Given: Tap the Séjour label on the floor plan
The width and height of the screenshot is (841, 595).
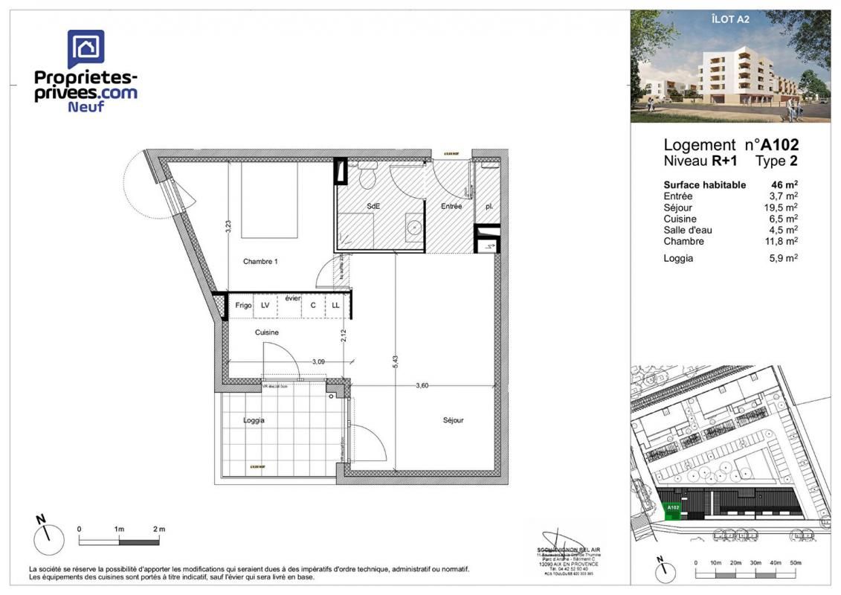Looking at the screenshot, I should coord(453,420).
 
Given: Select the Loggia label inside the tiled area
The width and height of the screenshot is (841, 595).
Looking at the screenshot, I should coord(254,420).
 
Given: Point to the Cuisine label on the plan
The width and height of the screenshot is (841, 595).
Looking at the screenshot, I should coord(267,332).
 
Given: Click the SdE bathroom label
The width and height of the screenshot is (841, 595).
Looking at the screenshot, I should coord(373,206).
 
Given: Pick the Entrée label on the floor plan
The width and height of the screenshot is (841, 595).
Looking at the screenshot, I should coord(451,206).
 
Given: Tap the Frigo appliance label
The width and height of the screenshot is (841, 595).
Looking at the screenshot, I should coord(243,306).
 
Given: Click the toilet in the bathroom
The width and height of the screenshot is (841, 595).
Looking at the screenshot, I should coord(366,177).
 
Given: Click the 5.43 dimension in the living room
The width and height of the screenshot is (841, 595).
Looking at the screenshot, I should coord(396,361).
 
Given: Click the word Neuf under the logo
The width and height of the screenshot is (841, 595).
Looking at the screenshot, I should coord(86,106).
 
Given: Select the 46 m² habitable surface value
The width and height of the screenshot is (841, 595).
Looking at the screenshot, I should coord(785,184).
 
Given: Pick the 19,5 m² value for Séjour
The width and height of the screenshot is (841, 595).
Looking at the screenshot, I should coord(782,208).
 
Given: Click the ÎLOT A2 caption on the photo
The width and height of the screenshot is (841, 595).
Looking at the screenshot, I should coord(731,21).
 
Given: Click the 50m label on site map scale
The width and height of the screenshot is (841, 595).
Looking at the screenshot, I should coord(795,563).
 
